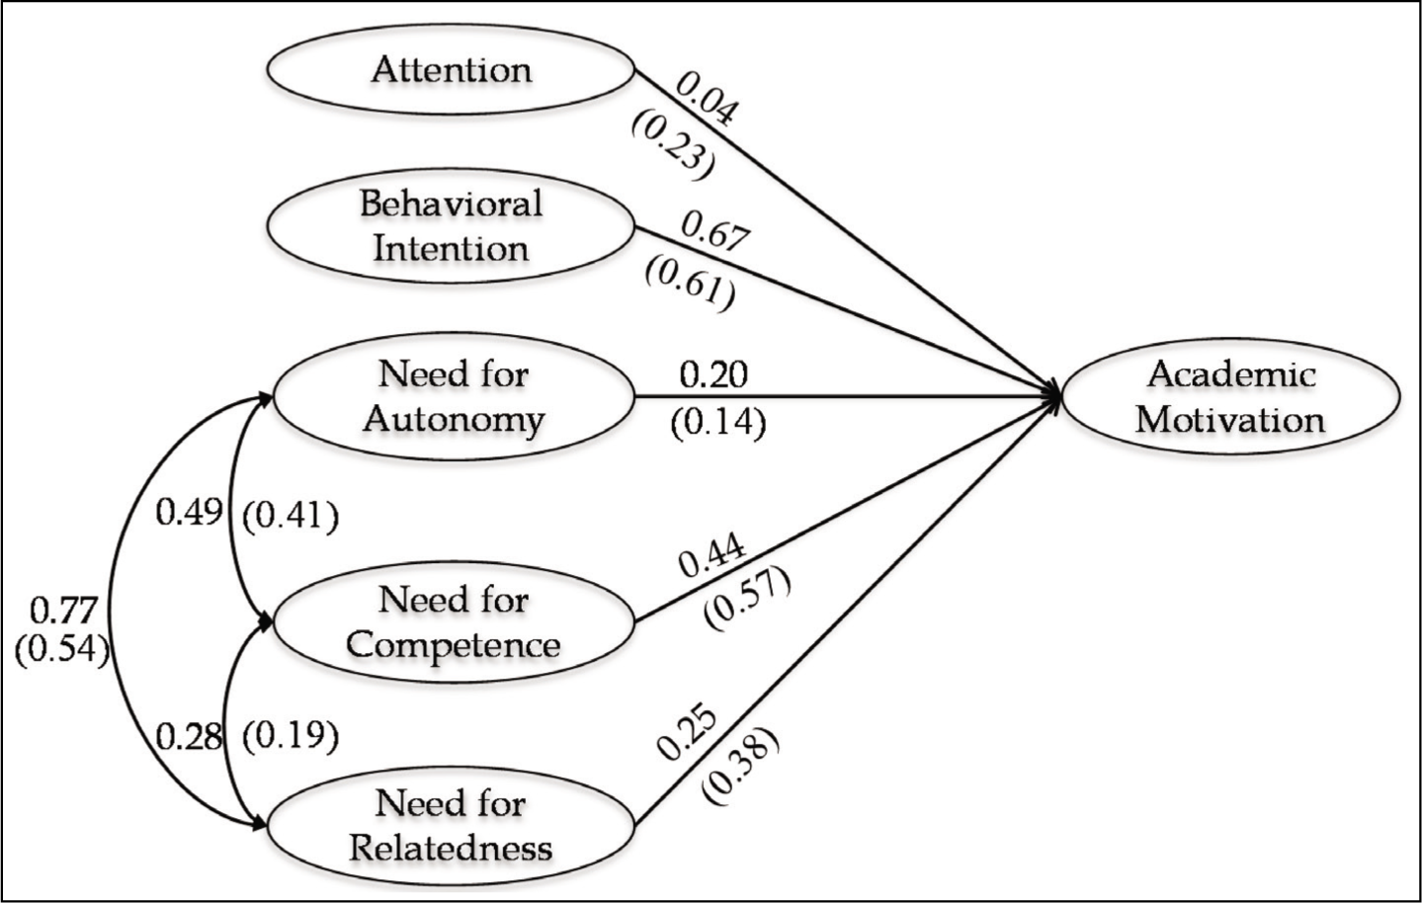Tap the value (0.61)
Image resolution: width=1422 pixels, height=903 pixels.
(691, 287)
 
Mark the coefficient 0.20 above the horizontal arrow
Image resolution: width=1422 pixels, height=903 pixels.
(713, 375)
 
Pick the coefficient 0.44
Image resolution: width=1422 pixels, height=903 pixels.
(711, 556)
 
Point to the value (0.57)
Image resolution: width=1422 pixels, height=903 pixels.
(746, 599)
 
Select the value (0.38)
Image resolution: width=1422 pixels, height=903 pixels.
(739, 768)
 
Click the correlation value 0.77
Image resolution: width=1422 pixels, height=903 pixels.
(63, 612)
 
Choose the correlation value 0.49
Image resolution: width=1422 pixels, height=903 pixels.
(189, 512)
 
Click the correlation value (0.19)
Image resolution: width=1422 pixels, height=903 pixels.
(291, 736)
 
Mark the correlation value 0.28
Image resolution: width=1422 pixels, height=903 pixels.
(189, 737)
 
